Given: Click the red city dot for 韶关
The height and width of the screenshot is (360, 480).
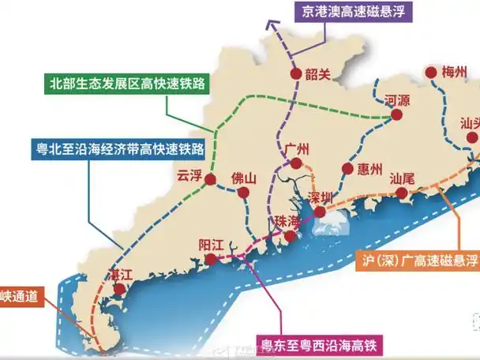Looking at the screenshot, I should [x=295, y=75].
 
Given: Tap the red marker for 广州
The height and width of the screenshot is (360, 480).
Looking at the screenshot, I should [x=296, y=163].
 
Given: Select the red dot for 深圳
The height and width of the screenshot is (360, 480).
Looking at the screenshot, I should [x=320, y=212].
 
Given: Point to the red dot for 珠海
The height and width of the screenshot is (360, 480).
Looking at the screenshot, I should [x=291, y=236].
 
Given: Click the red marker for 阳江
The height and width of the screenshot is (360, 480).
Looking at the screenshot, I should [x=210, y=259].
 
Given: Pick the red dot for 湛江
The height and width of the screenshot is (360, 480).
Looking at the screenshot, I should [x=119, y=291].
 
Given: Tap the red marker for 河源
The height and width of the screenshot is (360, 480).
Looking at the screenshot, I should [x=397, y=115].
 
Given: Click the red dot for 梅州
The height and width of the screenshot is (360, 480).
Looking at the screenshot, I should [x=431, y=74].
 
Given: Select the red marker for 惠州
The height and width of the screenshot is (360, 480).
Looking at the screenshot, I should [x=347, y=168].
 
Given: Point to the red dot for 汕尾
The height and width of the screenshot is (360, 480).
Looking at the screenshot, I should [x=403, y=193].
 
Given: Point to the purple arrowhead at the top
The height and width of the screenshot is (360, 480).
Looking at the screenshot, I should [x=272, y=25].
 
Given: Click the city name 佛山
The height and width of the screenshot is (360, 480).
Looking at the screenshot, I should [x=244, y=178].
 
